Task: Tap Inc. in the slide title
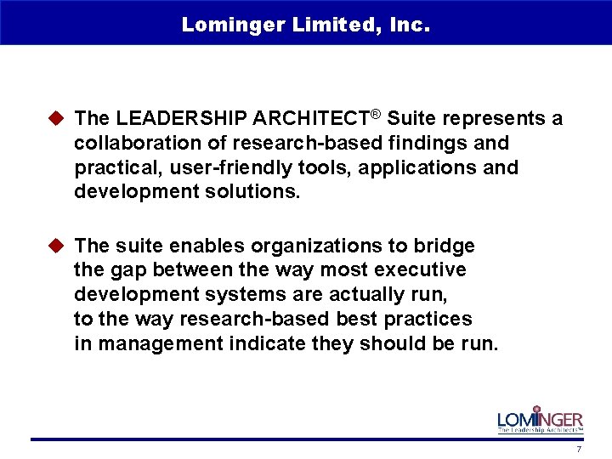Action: [x=409, y=25]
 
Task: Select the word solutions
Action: [x=257, y=191]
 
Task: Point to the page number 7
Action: [x=579, y=449]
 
